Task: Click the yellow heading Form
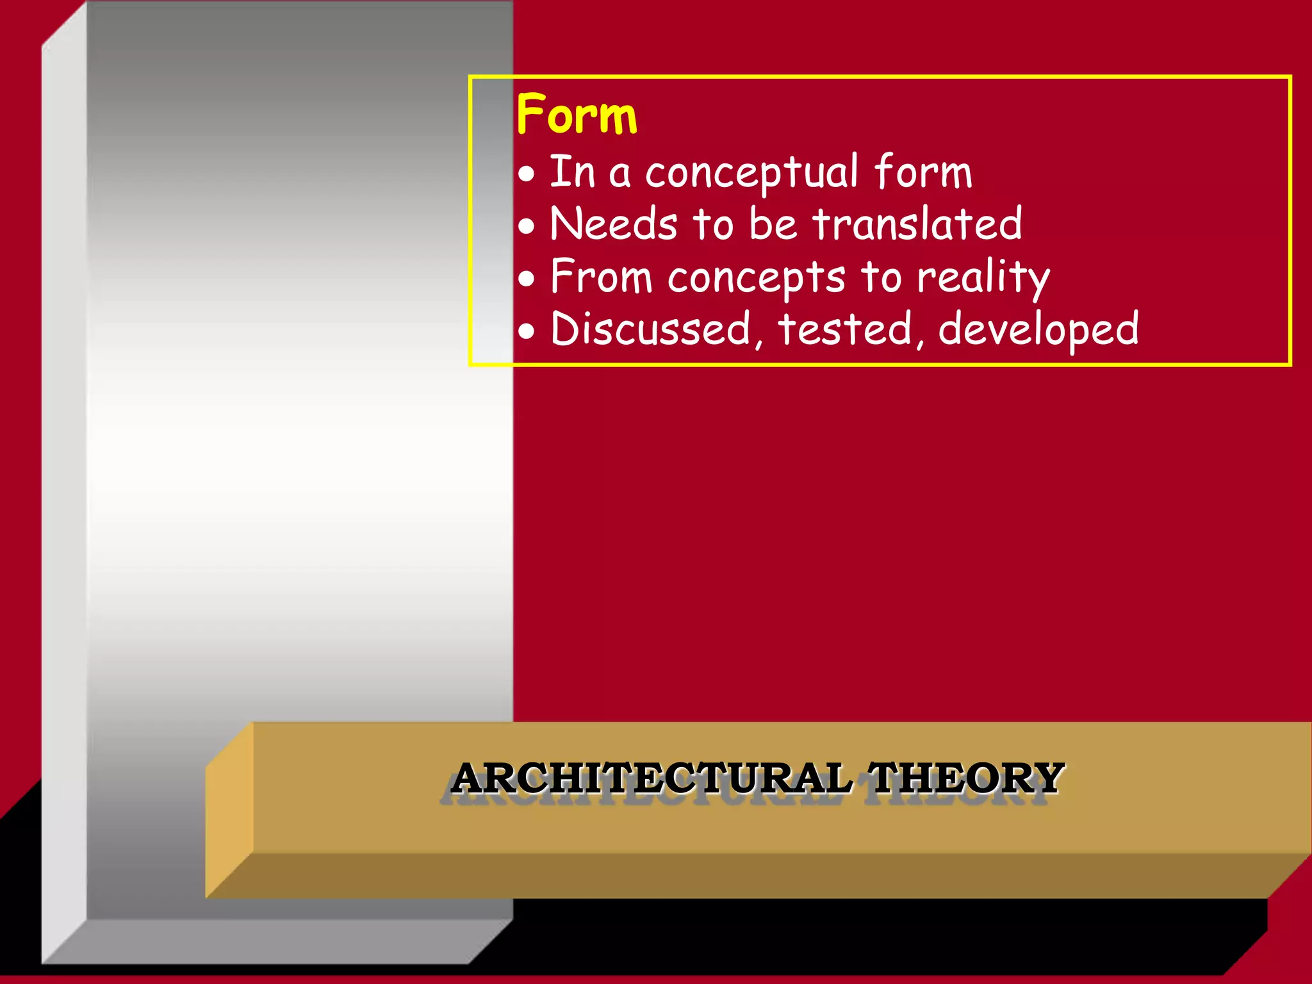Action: (x=577, y=115)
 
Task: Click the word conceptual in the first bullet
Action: (x=751, y=173)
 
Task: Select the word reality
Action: (x=983, y=278)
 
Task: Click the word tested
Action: (x=845, y=329)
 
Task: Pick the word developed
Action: (x=1038, y=331)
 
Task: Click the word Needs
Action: (x=613, y=224)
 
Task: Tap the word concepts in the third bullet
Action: (x=756, y=278)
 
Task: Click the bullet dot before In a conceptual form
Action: (x=526, y=174)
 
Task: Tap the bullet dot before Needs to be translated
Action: (x=526, y=226)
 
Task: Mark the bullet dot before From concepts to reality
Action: (x=526, y=279)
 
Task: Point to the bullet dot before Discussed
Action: (x=526, y=332)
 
